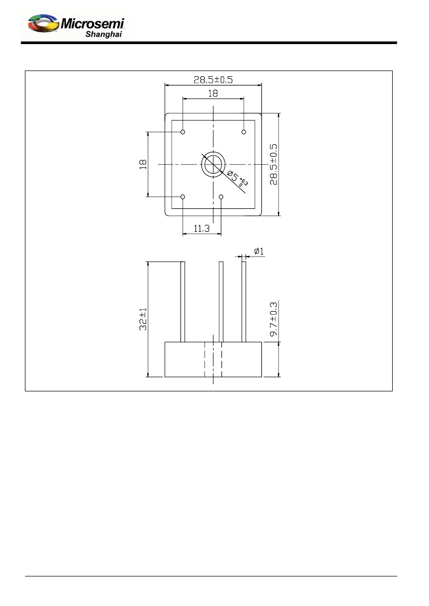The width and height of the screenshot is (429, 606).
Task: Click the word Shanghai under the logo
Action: pos(104,34)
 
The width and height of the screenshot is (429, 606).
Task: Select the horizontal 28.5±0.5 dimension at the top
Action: pos(213,80)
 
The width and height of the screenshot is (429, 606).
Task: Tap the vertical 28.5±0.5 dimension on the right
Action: pos(273,164)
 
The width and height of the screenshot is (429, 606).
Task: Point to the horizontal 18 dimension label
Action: pos(213,93)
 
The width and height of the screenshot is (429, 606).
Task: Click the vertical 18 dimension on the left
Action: pos(143,164)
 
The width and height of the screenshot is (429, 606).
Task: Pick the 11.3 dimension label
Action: pos(202,229)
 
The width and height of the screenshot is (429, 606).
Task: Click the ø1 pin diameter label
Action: pos(259,251)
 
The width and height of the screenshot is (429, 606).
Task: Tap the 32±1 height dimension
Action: pos(143,319)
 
